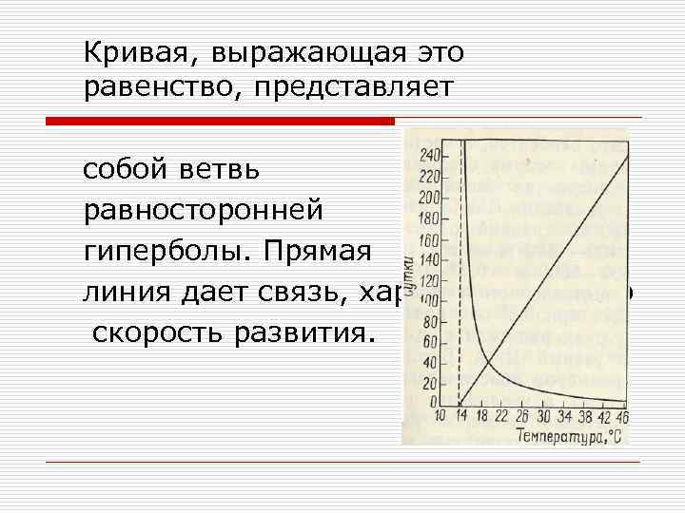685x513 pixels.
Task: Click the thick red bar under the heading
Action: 221,121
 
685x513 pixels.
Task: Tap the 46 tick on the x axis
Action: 622,417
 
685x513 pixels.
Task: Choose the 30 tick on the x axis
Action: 542,417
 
